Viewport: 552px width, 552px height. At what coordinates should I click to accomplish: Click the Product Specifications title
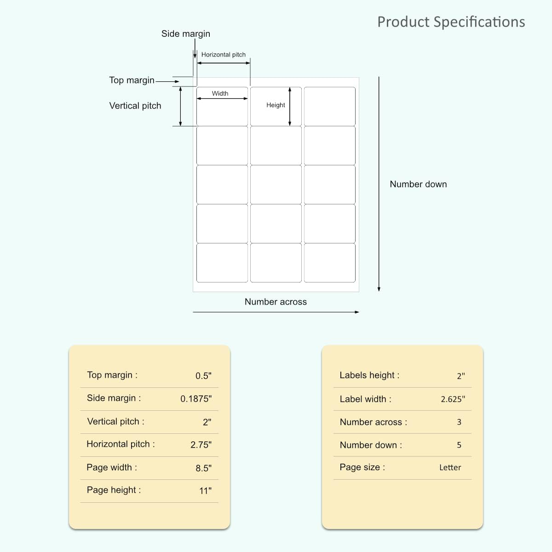pyautogui.click(x=451, y=22)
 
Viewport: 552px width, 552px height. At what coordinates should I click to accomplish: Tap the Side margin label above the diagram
pyautogui.click(x=186, y=34)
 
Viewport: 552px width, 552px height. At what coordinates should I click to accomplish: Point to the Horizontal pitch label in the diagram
pyautogui.click(x=224, y=55)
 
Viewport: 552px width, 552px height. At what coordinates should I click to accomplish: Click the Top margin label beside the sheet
pyautogui.click(x=132, y=80)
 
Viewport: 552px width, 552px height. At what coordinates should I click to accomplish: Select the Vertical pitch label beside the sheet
pyautogui.click(x=135, y=106)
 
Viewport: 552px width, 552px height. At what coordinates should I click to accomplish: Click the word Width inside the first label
pyautogui.click(x=220, y=93)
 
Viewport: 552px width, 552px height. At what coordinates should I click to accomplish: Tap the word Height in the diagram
pyautogui.click(x=276, y=105)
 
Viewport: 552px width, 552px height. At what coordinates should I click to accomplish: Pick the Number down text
pyautogui.click(x=418, y=184)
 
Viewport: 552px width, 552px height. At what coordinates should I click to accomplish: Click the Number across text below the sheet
pyautogui.click(x=276, y=302)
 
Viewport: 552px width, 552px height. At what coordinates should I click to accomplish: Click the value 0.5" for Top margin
pyautogui.click(x=203, y=375)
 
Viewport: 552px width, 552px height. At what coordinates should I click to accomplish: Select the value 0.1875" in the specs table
pyautogui.click(x=196, y=398)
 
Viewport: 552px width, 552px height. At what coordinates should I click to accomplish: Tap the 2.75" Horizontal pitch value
pyautogui.click(x=201, y=444)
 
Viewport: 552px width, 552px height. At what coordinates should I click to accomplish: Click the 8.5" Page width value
pyautogui.click(x=203, y=468)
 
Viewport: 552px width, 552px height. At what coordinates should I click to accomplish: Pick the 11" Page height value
pyautogui.click(x=205, y=491)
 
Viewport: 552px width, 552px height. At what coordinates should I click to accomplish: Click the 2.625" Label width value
pyautogui.click(x=453, y=399)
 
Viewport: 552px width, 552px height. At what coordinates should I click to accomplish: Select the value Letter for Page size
pyautogui.click(x=450, y=467)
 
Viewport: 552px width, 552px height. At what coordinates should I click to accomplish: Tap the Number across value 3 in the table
pyautogui.click(x=459, y=422)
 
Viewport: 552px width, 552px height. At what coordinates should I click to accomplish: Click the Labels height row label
pyautogui.click(x=369, y=375)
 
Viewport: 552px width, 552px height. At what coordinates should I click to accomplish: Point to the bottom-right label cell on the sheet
pyautogui.click(x=330, y=263)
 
